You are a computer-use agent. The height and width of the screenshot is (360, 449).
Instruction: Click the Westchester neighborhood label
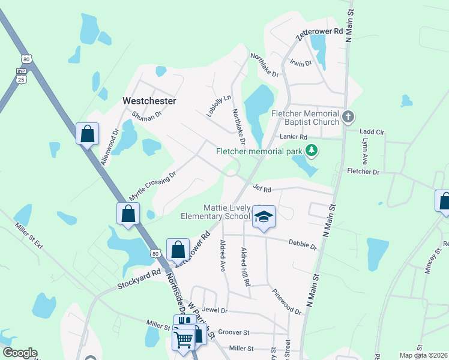(149, 101)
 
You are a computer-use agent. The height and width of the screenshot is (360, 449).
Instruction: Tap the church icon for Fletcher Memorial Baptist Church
(347, 116)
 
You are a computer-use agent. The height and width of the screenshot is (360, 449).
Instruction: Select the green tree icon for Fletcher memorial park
(311, 150)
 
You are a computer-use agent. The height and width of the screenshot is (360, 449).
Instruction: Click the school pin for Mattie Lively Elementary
(263, 217)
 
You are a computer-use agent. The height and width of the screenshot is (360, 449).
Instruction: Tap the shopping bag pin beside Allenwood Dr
(88, 133)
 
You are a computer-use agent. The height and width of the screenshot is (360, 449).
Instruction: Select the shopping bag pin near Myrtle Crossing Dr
(128, 213)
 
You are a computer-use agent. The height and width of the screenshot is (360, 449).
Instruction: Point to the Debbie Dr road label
(303, 245)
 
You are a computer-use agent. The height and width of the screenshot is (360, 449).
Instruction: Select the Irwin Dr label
(301, 63)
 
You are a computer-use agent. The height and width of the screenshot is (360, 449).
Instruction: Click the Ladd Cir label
(371, 131)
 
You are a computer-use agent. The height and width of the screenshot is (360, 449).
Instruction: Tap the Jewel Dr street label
(215, 310)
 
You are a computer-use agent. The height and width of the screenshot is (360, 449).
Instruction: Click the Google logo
(20, 353)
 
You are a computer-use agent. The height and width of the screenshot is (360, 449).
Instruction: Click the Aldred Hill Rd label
(245, 265)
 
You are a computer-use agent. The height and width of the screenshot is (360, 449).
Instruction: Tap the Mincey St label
(429, 262)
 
